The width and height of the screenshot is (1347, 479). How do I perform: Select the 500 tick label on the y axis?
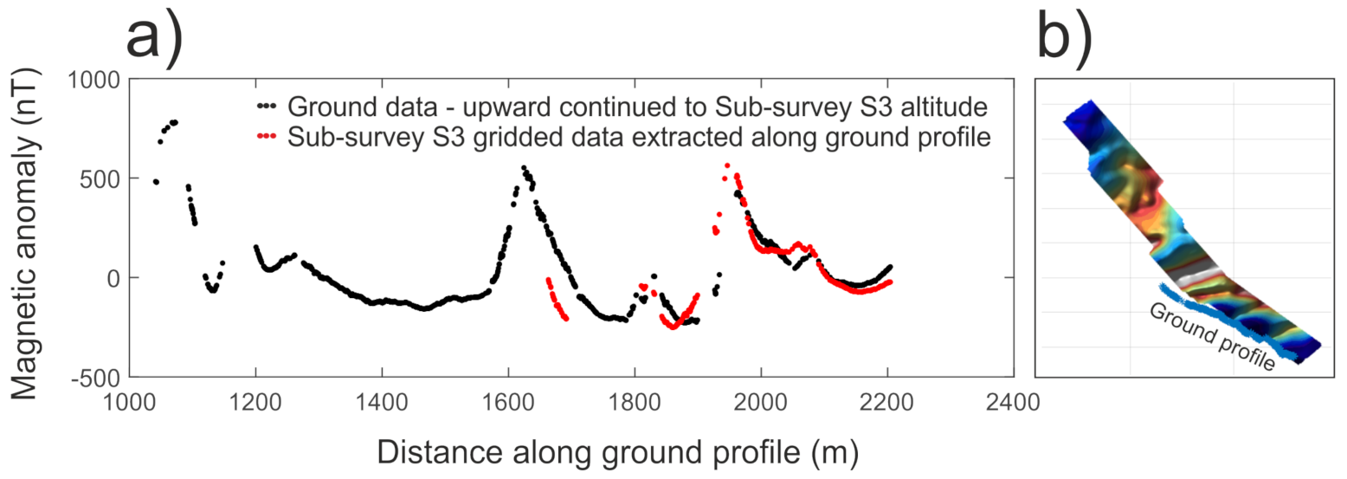point(102,178)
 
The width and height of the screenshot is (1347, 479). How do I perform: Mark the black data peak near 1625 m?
point(524,168)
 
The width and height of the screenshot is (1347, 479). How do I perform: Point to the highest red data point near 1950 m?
point(727,165)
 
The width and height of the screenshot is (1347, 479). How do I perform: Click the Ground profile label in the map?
point(1210,338)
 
